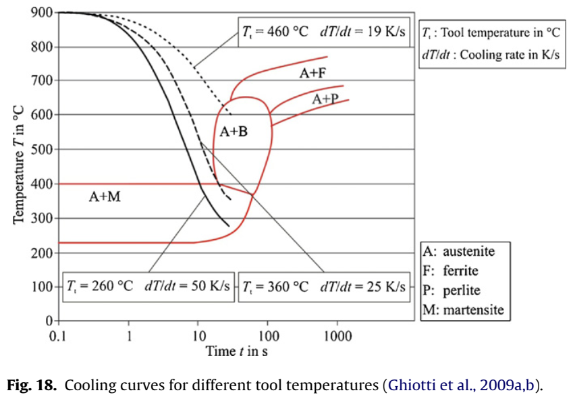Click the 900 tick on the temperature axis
(x=42, y=13)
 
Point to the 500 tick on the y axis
(x=42, y=150)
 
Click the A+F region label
(x=313, y=74)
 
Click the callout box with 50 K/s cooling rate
(x=147, y=286)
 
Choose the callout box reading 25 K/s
(x=325, y=286)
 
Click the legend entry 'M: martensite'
(x=463, y=311)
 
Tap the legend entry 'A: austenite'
(x=458, y=252)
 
